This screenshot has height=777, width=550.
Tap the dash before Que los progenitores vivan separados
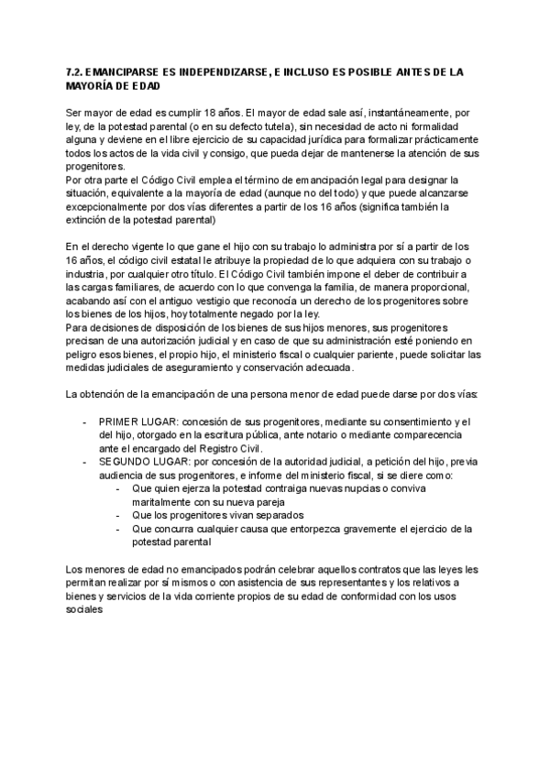pos(122,516)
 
